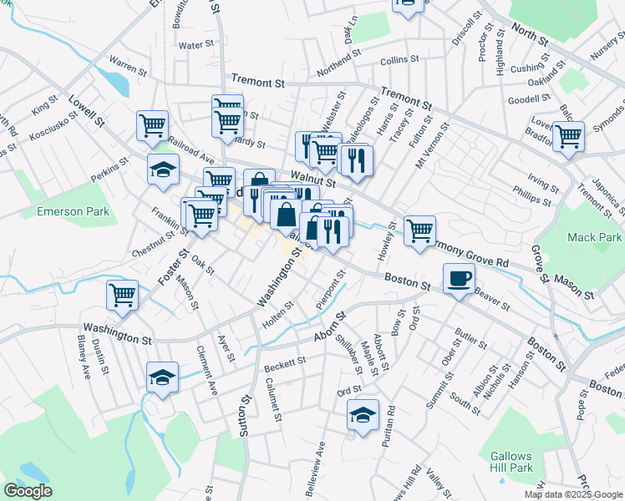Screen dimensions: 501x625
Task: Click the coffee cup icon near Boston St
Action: (458, 278)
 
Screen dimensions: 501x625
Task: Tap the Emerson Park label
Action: (74, 212)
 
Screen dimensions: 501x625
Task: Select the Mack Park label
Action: (594, 237)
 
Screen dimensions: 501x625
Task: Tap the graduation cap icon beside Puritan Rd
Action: (363, 414)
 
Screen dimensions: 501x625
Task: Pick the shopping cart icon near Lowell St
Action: (152, 126)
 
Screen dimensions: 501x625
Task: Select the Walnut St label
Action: (312, 177)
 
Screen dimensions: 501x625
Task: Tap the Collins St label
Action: (398, 61)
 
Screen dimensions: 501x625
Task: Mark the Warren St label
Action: (128, 61)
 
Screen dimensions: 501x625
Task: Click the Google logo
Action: (28, 491)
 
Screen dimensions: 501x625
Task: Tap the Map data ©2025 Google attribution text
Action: (572, 494)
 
